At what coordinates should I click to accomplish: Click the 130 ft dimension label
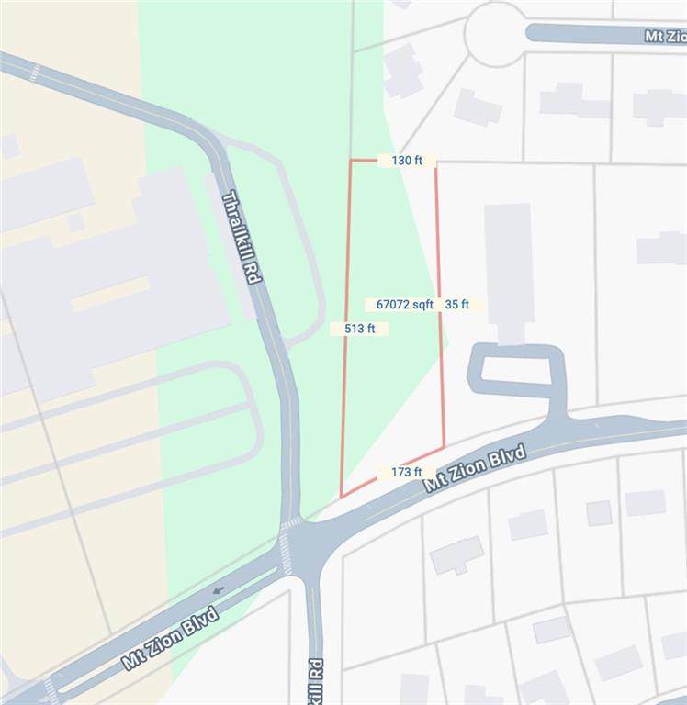pyautogui.click(x=406, y=161)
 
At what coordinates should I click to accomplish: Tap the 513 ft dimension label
pyautogui.click(x=359, y=329)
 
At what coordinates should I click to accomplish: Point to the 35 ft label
pyautogui.click(x=457, y=305)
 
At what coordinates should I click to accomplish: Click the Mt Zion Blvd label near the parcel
pyautogui.click(x=475, y=468)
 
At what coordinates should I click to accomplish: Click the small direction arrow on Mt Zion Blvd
pyautogui.click(x=217, y=589)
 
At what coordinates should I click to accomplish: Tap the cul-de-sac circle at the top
pyautogui.click(x=497, y=34)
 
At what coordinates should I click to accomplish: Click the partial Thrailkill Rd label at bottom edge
pyautogui.click(x=314, y=679)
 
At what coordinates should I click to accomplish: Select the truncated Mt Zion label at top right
pyautogui.click(x=664, y=37)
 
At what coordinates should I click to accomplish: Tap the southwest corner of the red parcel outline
pyautogui.click(x=341, y=498)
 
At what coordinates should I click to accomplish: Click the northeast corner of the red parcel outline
pyautogui.click(x=435, y=161)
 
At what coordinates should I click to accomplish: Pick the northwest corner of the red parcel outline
pyautogui.click(x=350, y=161)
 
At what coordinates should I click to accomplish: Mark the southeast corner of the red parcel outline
pyautogui.click(x=445, y=447)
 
